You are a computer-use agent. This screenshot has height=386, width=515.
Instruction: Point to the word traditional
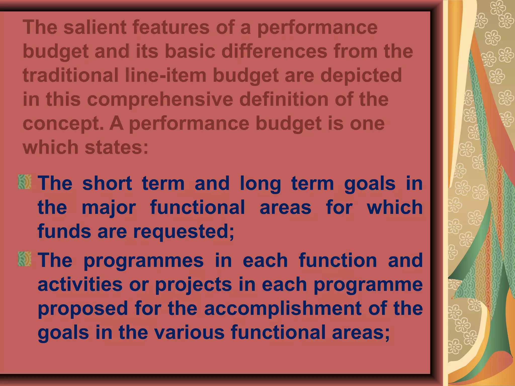[x=71, y=75]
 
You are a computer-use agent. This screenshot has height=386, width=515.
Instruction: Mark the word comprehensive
[x=160, y=100]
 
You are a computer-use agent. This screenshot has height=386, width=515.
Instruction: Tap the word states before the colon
[x=116, y=147]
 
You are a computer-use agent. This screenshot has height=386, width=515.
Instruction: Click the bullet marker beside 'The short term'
[x=25, y=182]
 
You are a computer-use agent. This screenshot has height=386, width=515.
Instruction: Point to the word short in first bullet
[x=107, y=183]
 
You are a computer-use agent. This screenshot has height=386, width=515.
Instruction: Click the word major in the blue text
[x=109, y=208]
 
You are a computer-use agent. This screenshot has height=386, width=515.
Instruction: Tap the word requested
[x=184, y=232]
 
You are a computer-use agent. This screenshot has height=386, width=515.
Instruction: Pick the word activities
[x=80, y=284]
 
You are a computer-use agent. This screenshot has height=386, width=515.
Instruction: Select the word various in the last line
[x=189, y=332]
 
